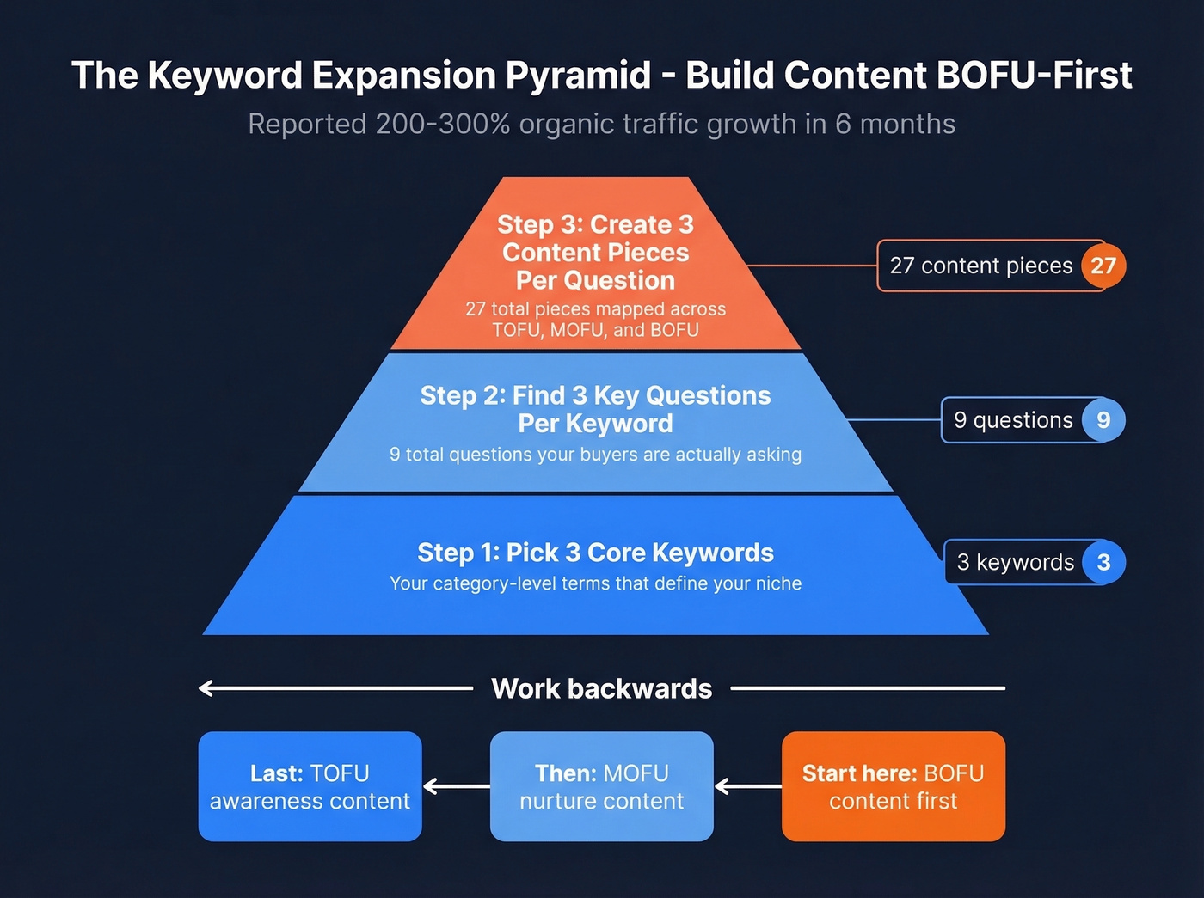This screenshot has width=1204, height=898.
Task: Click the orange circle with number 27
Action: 1103,266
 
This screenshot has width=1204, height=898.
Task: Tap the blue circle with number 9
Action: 1103,420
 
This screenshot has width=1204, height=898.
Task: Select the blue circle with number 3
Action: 1103,562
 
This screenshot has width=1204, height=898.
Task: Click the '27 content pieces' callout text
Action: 980,266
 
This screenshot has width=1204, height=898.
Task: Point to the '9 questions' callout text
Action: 1012,420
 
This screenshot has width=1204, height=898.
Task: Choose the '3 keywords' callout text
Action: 1015,562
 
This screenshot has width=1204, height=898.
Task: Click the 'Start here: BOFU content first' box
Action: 893,786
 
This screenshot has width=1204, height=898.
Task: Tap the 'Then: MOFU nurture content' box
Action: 601,786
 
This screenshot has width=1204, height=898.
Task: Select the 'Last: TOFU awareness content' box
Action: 310,786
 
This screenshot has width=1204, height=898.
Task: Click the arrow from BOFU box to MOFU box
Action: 747,786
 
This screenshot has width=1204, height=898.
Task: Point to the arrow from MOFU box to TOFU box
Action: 456,786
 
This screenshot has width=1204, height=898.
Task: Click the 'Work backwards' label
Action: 601,688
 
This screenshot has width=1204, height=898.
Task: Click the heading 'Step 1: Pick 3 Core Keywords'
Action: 595,553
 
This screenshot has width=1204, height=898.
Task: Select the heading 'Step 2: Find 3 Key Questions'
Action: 595,395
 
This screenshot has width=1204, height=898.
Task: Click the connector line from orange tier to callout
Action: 812,266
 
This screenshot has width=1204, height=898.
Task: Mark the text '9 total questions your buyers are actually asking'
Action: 595,455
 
